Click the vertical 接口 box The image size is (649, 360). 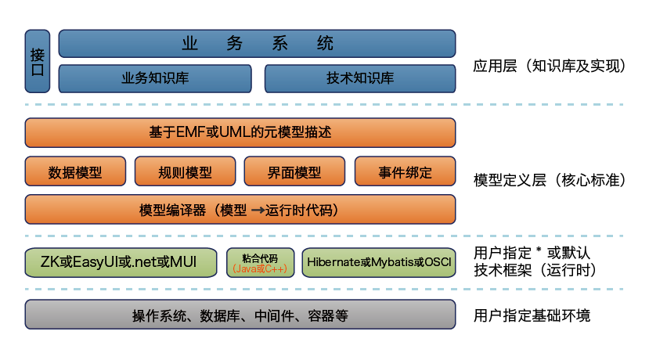tap(38, 62)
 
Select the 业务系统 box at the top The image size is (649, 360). tap(257, 44)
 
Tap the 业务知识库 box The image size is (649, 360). tap(155, 79)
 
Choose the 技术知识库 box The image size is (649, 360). tap(359, 79)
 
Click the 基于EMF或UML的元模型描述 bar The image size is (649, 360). tap(240, 132)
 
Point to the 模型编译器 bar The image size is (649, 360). tap(240, 210)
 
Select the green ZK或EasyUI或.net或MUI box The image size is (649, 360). tap(121, 262)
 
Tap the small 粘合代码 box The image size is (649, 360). tap(259, 262)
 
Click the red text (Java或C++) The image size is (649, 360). tap(259, 268)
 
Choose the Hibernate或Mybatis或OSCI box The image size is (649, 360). tap(379, 262)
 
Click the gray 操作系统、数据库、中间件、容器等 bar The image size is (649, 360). tap(240, 315)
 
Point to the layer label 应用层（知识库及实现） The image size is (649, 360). tap(549, 67)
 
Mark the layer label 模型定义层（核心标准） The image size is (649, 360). tap(549, 180)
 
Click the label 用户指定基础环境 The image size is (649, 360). tap(532, 316)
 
